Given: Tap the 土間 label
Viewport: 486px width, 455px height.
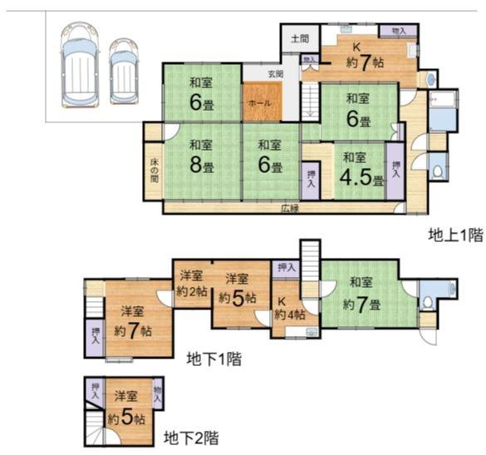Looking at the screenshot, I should pos(300,38).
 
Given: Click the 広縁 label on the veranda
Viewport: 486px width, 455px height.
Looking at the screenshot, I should pos(289,207).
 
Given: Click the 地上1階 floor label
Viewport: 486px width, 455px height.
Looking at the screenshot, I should pos(454,235).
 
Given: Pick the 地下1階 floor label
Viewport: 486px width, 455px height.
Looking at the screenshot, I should pos(214,359).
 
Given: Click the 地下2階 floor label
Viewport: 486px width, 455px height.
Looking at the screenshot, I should pos(192,436).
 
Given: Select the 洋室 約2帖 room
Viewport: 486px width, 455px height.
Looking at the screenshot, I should pos(191,284).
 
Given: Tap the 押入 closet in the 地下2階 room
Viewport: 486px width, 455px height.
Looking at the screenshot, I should pos(96,389).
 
